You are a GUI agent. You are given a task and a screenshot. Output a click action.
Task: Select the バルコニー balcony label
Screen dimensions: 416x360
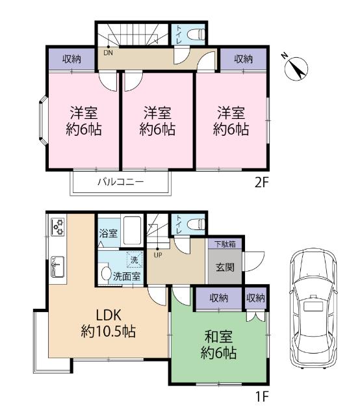pos(120,183)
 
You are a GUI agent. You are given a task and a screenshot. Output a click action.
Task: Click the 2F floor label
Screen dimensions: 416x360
pos(261,183)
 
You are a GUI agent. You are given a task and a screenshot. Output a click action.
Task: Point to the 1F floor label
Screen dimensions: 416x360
pos(261,395)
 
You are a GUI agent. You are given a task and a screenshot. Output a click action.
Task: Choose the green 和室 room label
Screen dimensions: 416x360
pos(218,346)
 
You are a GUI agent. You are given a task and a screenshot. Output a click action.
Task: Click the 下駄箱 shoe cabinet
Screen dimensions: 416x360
pos(225,244)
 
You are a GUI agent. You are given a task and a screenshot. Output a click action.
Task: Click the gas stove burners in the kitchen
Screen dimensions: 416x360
pos(58,227)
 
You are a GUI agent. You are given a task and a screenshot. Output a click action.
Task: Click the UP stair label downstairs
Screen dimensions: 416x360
pos(157,254)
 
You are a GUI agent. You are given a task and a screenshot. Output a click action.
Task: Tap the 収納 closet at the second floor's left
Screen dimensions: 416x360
pos(71,59)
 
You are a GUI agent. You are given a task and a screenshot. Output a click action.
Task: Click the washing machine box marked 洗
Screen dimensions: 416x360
pos(134,259)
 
